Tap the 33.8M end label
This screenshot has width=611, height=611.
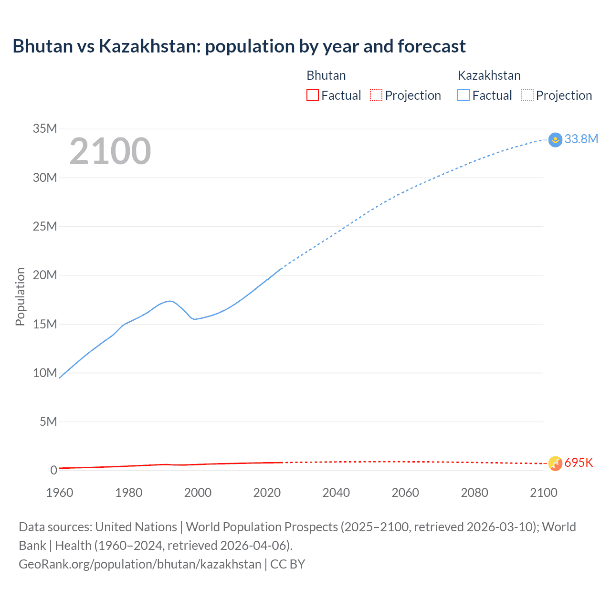(581, 139)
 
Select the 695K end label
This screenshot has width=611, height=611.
(579, 463)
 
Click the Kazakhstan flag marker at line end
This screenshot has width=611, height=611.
(555, 140)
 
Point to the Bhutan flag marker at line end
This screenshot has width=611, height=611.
(555, 463)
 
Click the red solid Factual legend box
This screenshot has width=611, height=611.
(312, 95)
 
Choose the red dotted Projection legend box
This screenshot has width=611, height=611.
(376, 95)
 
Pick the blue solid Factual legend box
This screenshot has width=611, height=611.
(464, 95)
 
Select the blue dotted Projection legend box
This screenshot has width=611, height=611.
(527, 95)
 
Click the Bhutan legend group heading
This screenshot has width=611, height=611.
(326, 75)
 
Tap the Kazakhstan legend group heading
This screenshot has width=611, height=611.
(489, 75)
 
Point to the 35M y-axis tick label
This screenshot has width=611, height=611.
(45, 128)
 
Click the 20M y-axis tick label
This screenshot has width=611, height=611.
(45, 275)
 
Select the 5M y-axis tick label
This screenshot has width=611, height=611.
(48, 421)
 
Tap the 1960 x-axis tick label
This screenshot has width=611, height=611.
(60, 493)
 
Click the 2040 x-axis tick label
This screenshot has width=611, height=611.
(336, 493)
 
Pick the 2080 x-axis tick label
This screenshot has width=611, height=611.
(474, 493)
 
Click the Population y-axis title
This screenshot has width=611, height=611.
(20, 296)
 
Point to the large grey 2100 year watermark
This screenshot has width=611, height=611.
(110, 151)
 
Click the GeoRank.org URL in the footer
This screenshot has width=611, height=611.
(140, 564)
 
